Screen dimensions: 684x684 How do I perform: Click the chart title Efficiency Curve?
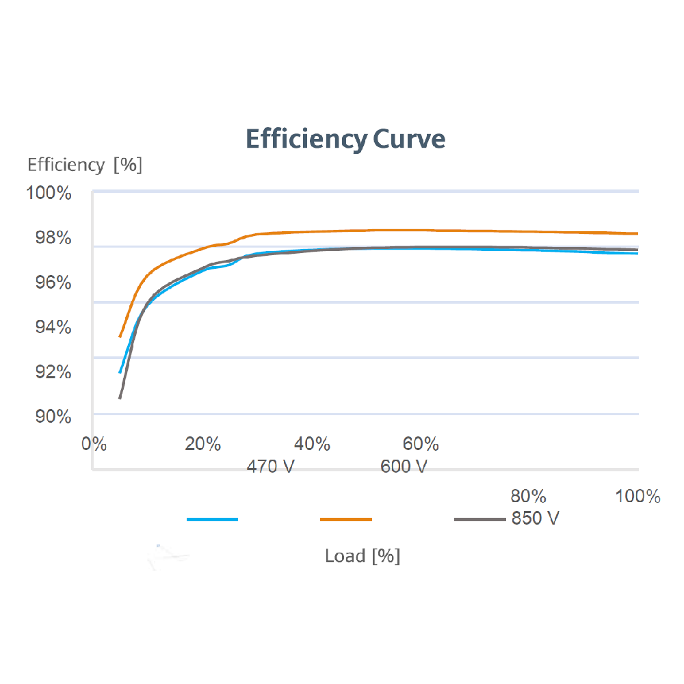(x=345, y=139)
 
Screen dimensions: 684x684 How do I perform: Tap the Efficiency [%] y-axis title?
(x=85, y=165)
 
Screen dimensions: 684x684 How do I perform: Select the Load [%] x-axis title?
(x=363, y=555)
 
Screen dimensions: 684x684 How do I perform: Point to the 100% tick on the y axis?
(x=49, y=193)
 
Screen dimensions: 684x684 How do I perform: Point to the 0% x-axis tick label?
(x=94, y=444)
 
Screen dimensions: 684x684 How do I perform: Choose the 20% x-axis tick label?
(x=203, y=444)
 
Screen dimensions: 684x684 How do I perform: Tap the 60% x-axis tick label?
(x=421, y=444)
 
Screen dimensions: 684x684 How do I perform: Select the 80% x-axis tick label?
(x=529, y=495)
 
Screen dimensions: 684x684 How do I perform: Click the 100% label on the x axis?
(x=637, y=496)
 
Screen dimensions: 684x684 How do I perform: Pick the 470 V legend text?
(x=272, y=467)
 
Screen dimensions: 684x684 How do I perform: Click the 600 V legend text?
(x=404, y=467)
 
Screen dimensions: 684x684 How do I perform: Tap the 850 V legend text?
(x=535, y=518)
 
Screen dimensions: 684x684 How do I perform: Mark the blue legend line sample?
(x=212, y=520)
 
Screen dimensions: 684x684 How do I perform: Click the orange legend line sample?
(x=346, y=520)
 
